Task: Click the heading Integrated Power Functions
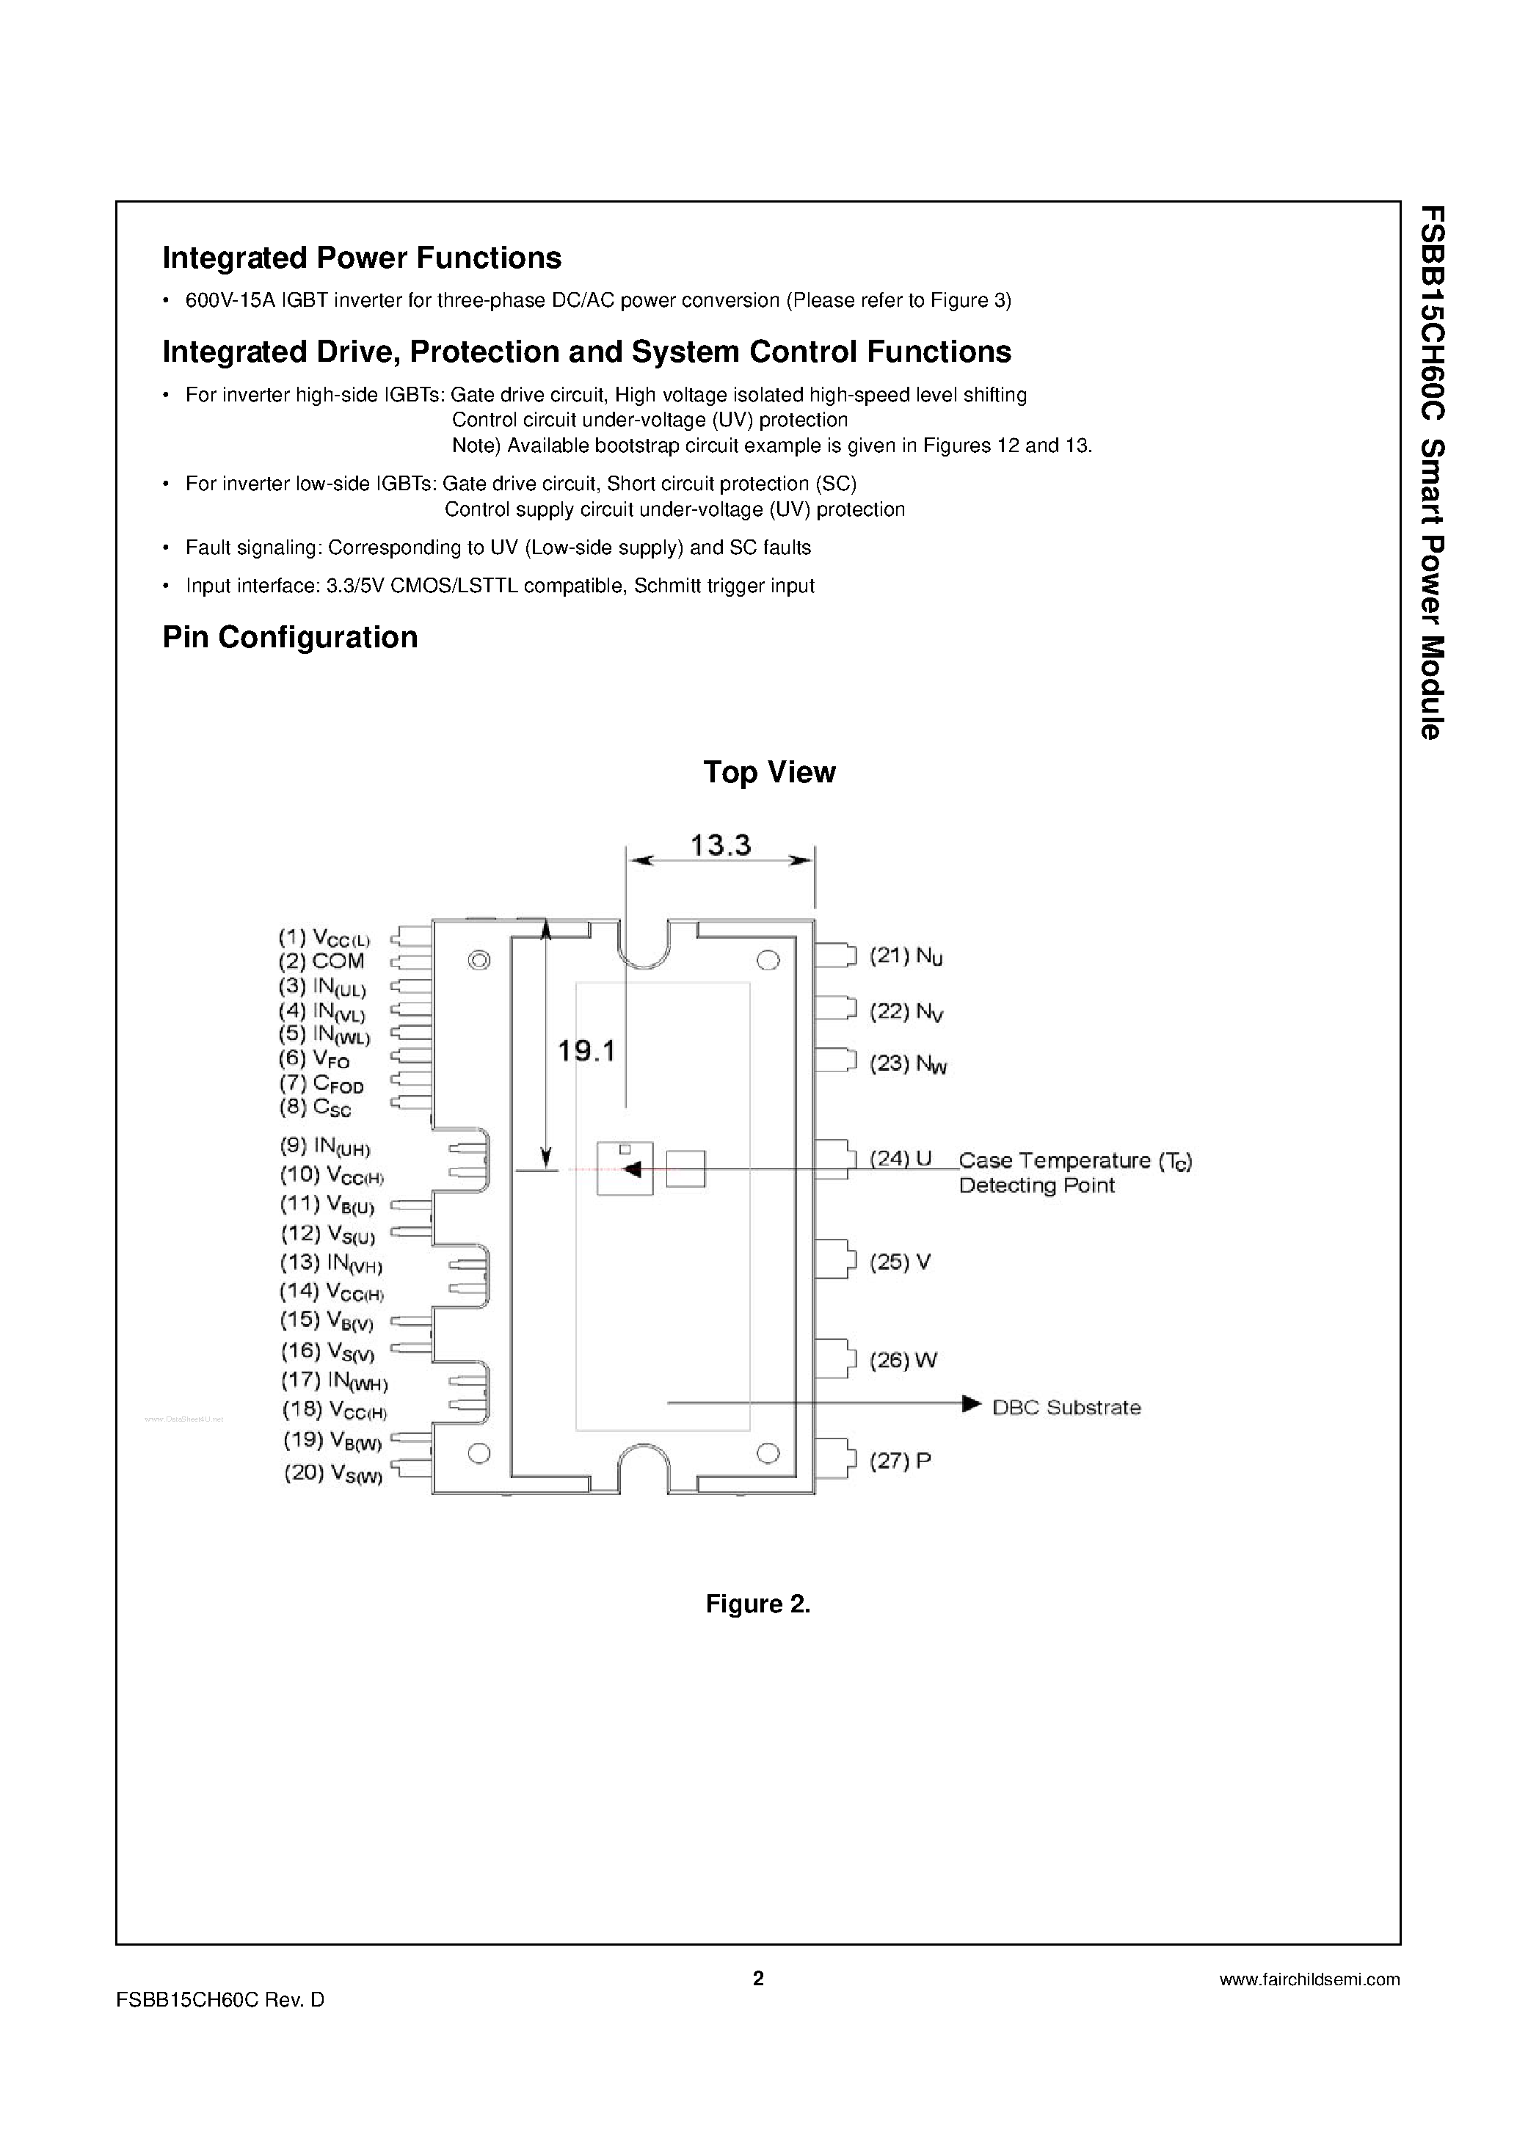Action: coord(362,258)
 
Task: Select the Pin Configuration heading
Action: coord(290,638)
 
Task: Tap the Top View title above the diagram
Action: coord(768,772)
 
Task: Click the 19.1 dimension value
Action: coord(586,1052)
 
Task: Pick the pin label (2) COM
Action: coord(321,961)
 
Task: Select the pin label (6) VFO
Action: coord(314,1059)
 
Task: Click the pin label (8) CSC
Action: coord(315,1107)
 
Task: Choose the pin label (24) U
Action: coord(901,1159)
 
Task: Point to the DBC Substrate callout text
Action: coord(1066,1408)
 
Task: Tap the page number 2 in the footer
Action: coord(758,1978)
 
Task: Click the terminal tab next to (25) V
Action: coord(834,1259)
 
